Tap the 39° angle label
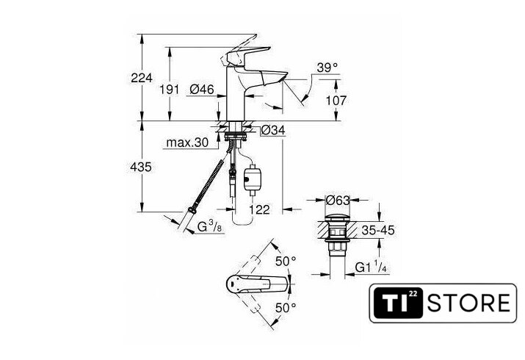point(327,68)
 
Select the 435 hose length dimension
point(141,168)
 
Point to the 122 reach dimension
point(258,209)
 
